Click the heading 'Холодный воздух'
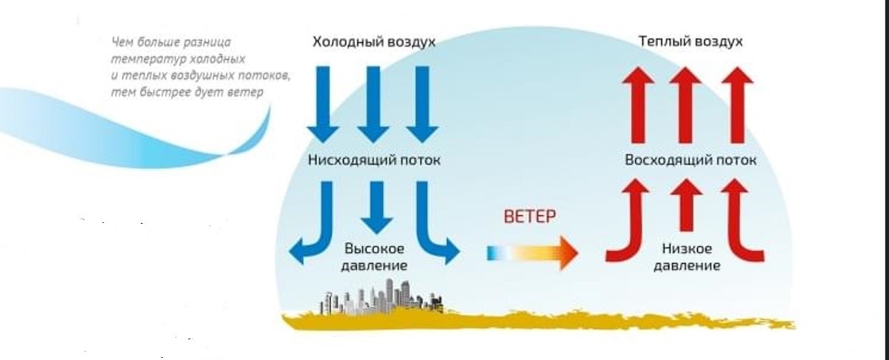coord(373,41)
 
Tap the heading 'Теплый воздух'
coord(690,41)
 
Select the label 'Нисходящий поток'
coord(373,160)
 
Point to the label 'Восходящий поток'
coord(690,160)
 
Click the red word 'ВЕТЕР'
coord(529,217)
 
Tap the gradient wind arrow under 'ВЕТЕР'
coord(532,253)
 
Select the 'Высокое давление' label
coord(373,256)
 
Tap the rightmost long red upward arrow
coord(738,104)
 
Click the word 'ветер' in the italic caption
coord(249,92)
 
